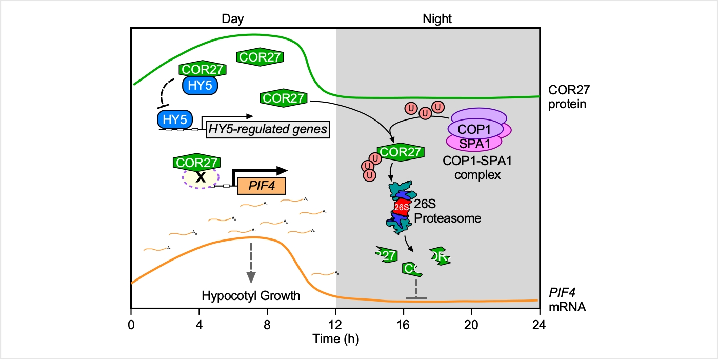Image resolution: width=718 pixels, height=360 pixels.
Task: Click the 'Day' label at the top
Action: (x=232, y=19)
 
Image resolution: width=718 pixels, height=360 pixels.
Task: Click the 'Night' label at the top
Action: (x=437, y=19)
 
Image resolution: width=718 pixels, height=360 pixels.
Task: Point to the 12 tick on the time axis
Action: (x=335, y=325)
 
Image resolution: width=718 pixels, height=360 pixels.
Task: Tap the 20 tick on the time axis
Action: (x=471, y=325)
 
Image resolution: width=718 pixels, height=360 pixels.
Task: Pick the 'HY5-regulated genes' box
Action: (x=267, y=129)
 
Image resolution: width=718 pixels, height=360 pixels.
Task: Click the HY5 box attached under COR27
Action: (x=200, y=86)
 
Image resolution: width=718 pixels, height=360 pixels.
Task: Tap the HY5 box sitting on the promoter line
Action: (x=174, y=119)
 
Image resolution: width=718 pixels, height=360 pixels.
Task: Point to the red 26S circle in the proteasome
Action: (x=402, y=207)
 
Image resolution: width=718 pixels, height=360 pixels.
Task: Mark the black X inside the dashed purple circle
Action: (x=201, y=177)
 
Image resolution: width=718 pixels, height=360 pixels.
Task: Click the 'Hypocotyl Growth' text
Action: (x=251, y=296)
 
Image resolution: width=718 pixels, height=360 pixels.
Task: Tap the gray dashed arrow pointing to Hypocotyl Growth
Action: (x=251, y=262)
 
